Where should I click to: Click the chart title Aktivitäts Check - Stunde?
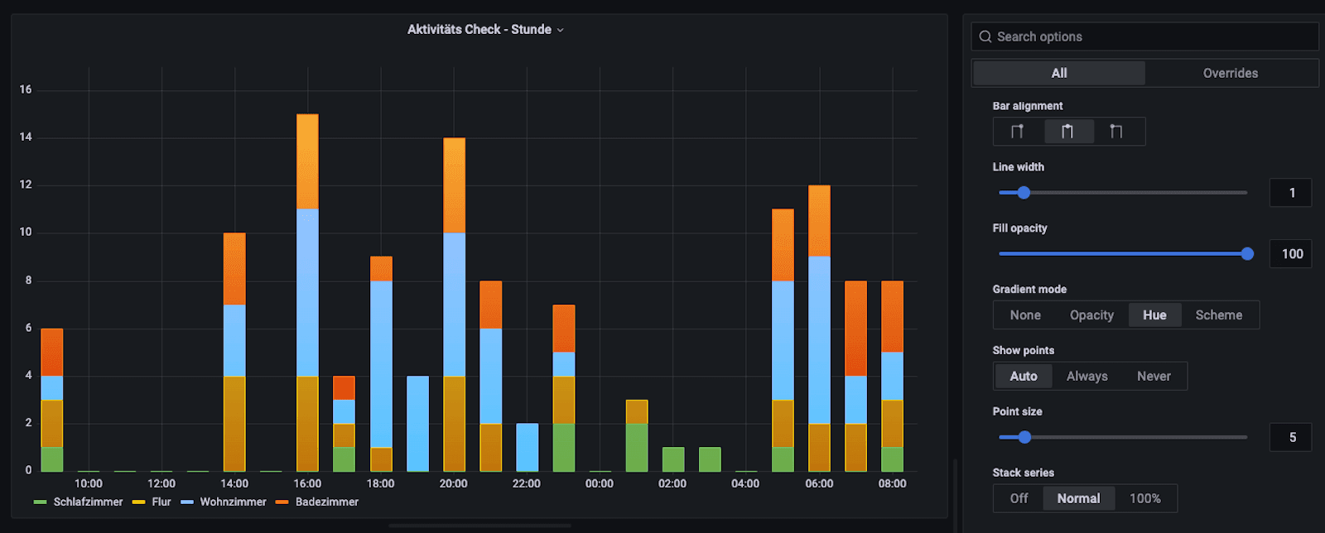click(479, 30)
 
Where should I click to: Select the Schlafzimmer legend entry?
click(87, 502)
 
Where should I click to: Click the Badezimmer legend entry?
click(326, 502)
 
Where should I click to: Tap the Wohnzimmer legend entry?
click(233, 502)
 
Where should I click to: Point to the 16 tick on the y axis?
click(26, 89)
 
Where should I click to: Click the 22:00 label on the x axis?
click(526, 483)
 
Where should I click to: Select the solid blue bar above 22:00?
click(527, 447)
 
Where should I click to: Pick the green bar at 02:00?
click(673, 459)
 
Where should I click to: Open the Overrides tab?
click(1230, 73)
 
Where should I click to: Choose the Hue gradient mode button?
click(1154, 315)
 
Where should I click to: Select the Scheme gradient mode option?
click(1218, 315)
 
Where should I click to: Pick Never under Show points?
click(1154, 377)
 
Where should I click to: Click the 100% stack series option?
click(1144, 498)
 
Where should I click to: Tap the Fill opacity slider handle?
click(1247, 254)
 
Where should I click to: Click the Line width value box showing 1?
click(1291, 193)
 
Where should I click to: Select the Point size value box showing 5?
click(1291, 437)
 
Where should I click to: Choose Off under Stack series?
click(1019, 498)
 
